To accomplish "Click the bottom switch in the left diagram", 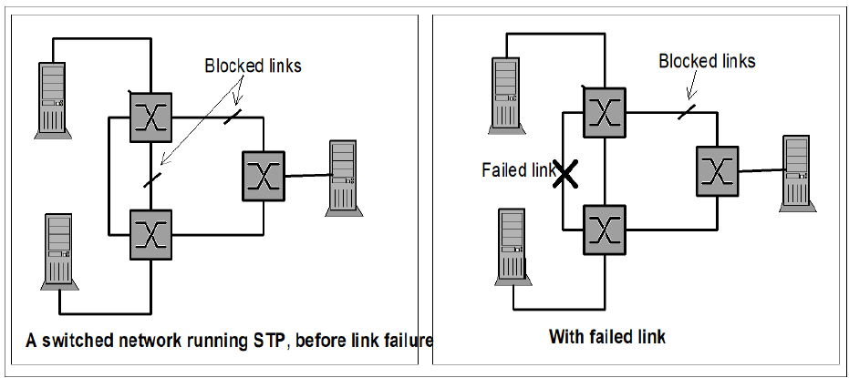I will (149, 234).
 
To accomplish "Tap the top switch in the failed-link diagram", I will (603, 111).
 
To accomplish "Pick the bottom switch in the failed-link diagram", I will (603, 228).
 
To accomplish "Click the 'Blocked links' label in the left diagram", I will (253, 66).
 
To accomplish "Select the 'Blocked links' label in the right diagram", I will (707, 61).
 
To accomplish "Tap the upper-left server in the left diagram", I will (53, 99).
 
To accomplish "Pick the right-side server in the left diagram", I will (342, 178).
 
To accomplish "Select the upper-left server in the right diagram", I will (508, 94).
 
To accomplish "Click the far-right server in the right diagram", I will (796, 173).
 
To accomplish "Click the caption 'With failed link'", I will (607, 337).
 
